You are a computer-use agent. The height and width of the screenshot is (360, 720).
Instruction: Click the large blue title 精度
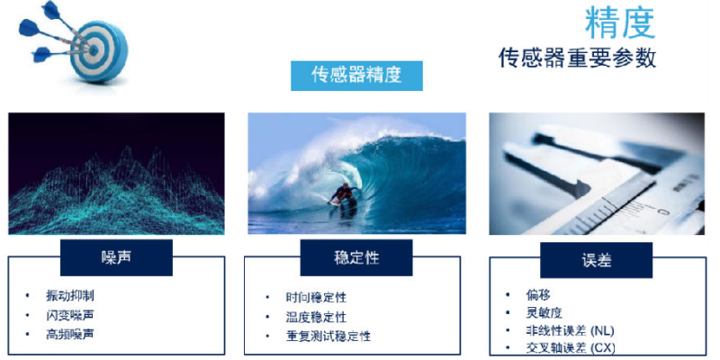click(x=620, y=23)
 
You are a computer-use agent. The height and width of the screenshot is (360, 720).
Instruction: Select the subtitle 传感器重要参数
click(x=577, y=58)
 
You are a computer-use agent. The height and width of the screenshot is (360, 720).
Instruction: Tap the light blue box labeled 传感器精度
click(x=356, y=76)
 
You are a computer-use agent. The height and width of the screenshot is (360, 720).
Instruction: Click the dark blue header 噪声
click(x=116, y=257)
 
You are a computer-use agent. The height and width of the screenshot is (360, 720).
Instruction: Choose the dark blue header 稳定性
click(x=356, y=257)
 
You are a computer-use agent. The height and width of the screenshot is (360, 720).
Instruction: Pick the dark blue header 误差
click(x=596, y=260)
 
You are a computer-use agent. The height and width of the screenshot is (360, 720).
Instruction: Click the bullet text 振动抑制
click(x=70, y=295)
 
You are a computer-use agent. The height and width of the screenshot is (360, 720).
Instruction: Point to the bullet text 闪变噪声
click(x=70, y=315)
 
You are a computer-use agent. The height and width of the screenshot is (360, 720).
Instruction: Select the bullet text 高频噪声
click(x=70, y=334)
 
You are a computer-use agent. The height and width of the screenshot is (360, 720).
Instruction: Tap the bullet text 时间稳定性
click(x=316, y=297)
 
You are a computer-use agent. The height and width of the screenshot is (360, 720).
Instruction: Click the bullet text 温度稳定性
click(x=316, y=317)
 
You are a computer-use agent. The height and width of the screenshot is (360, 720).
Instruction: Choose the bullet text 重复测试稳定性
click(x=328, y=336)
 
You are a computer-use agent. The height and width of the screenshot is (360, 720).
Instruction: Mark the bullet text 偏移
click(x=537, y=295)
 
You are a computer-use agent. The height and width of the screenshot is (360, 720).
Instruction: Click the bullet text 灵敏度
click(x=544, y=313)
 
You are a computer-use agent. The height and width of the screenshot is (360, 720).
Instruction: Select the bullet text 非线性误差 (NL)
click(x=570, y=330)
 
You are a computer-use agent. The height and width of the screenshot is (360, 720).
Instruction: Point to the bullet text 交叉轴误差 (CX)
click(x=571, y=347)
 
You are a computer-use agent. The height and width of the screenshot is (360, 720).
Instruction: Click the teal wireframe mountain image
click(x=117, y=174)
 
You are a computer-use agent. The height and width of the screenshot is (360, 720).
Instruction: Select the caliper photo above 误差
click(x=597, y=174)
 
